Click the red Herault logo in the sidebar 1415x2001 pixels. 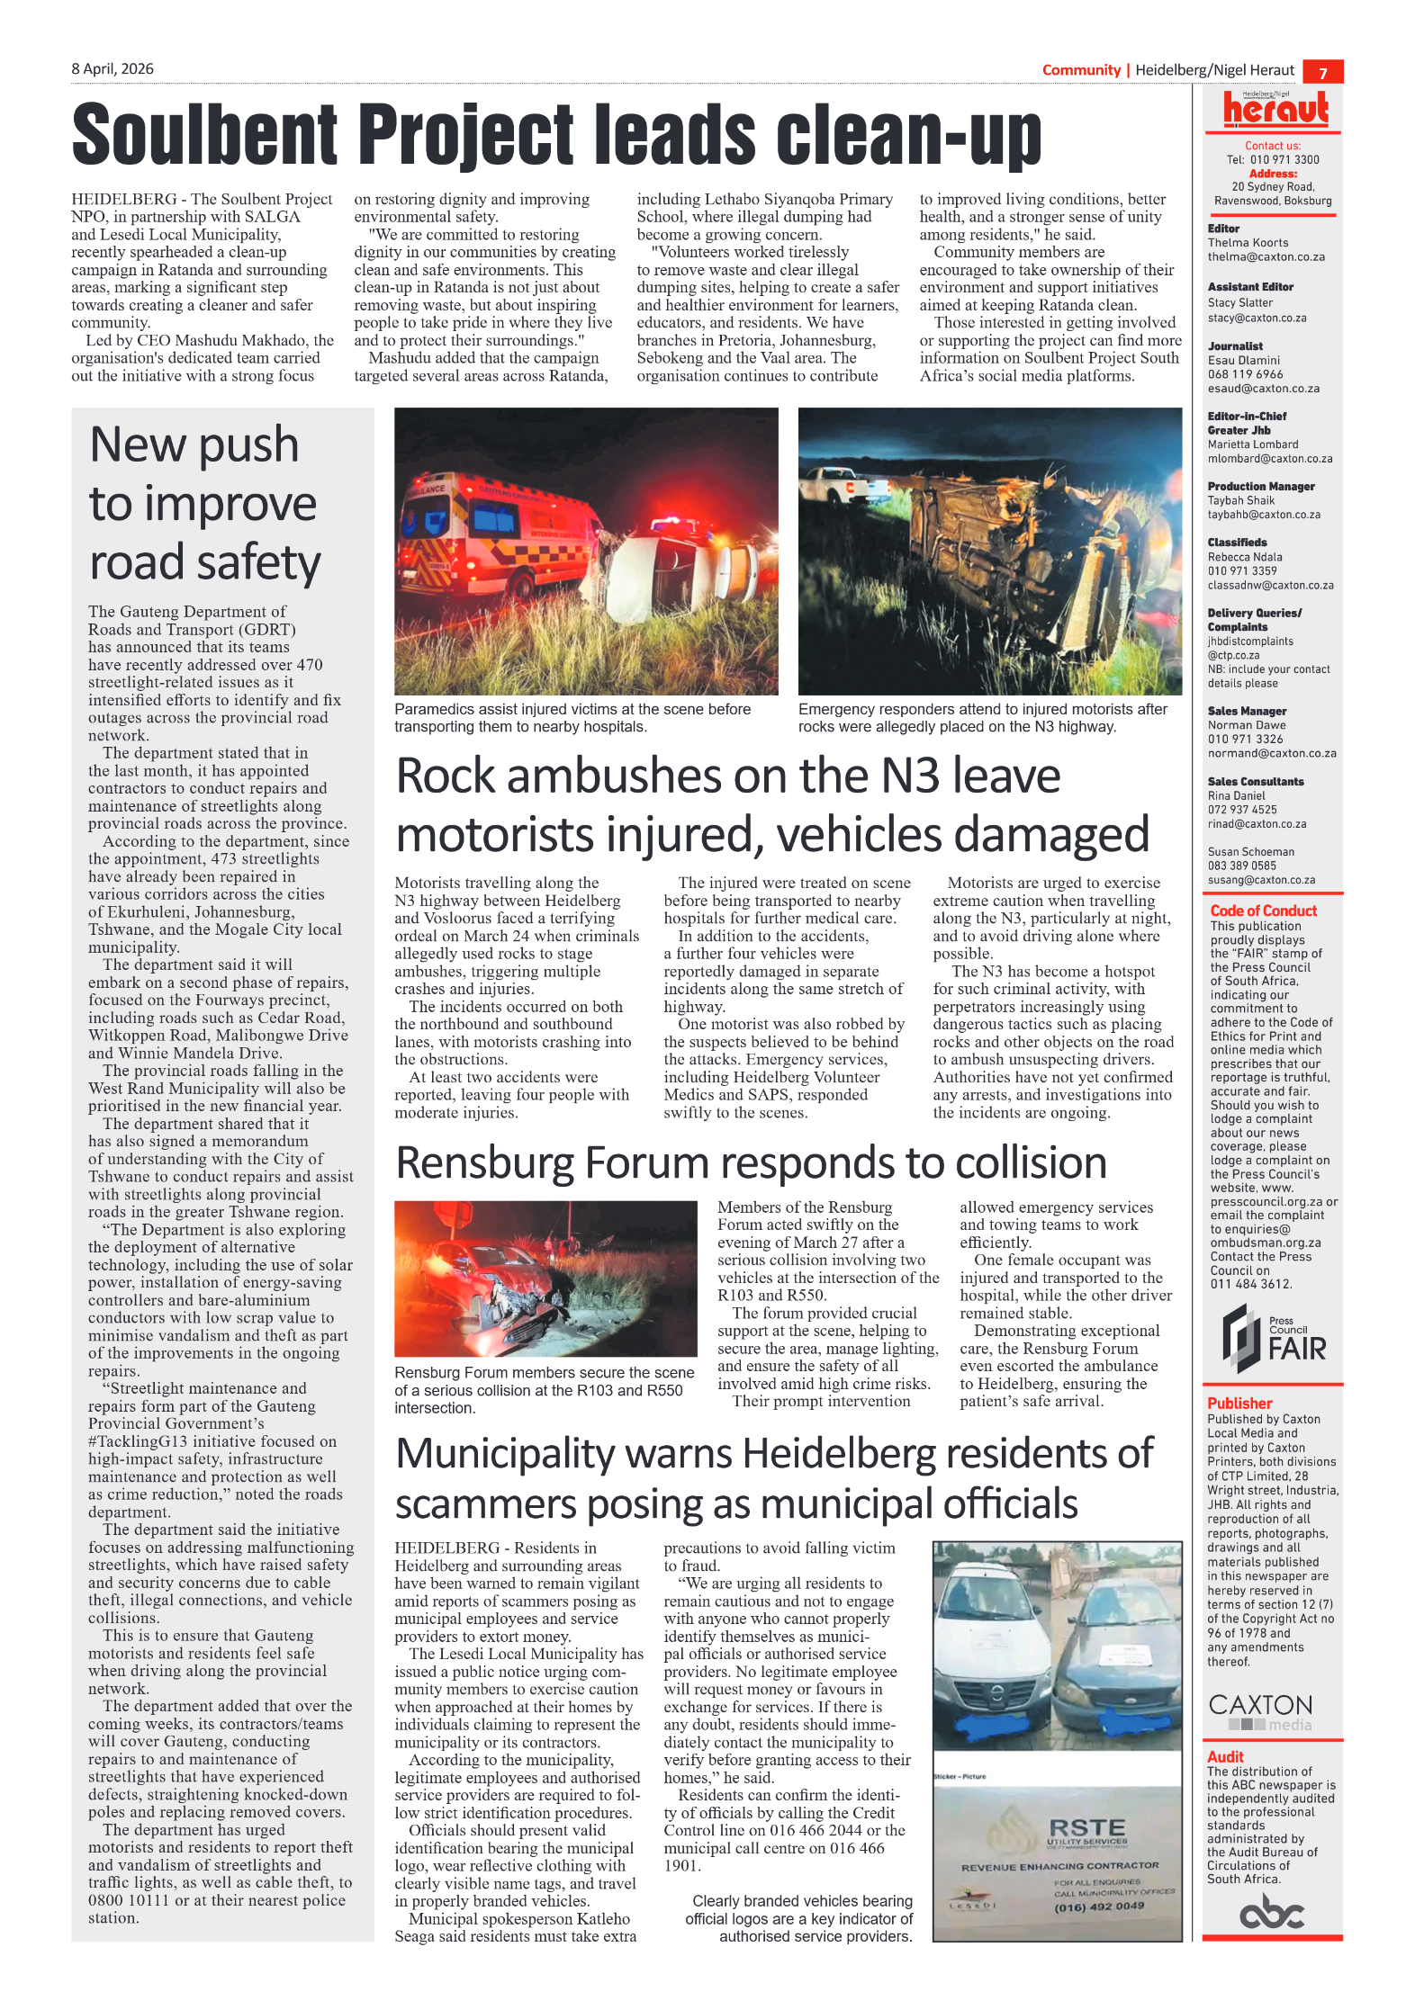tap(1275, 109)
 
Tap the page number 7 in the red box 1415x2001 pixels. tap(1322, 73)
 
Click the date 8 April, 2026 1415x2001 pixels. tap(113, 69)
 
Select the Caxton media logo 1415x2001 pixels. tap(1260, 1711)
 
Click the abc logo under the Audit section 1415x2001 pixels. tap(1272, 1912)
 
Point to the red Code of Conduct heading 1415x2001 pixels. tap(1263, 911)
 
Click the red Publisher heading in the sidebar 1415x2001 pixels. tap(1239, 1403)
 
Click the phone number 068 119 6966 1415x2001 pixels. tap(1245, 374)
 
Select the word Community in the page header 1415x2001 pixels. tap(1080, 70)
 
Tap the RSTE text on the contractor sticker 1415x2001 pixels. tap(1086, 1827)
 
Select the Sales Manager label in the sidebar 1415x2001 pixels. tap(1247, 711)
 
